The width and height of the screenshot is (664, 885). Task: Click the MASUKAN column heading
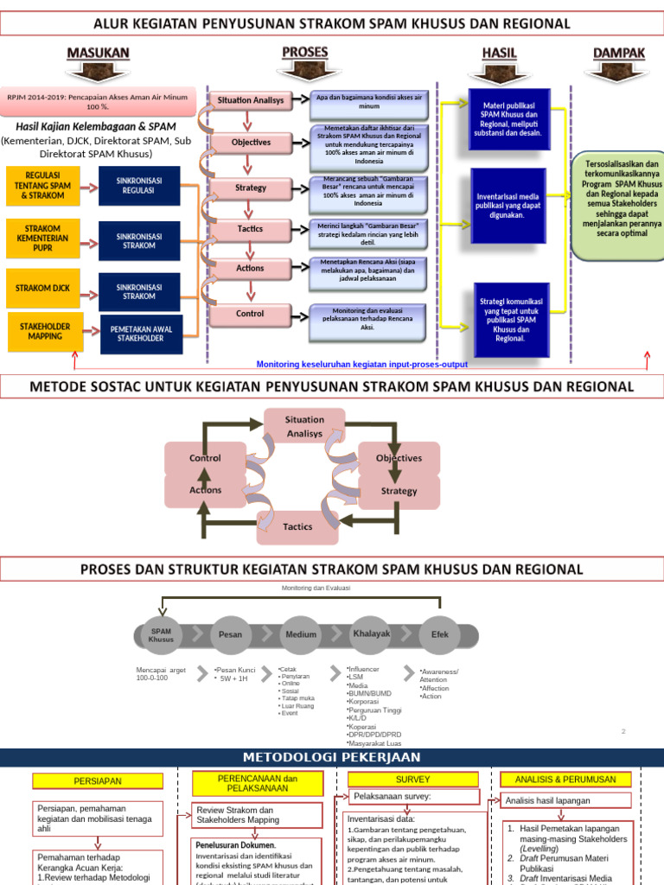pyautogui.click(x=99, y=54)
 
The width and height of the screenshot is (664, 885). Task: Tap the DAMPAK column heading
pyautogui.click(x=619, y=54)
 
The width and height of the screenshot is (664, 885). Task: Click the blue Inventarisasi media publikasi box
pyautogui.click(x=508, y=206)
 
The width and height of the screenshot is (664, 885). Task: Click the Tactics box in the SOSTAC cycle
pyautogui.click(x=297, y=526)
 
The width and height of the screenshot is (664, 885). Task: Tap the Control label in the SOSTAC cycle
pyautogui.click(x=205, y=458)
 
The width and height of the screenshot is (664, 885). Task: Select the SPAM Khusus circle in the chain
pyautogui.click(x=161, y=634)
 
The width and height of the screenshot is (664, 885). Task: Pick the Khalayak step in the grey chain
pyautogui.click(x=372, y=634)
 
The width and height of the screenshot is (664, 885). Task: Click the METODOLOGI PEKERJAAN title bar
pyautogui.click(x=332, y=757)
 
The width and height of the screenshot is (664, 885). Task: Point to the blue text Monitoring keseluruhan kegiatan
pyautogui.click(x=361, y=365)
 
